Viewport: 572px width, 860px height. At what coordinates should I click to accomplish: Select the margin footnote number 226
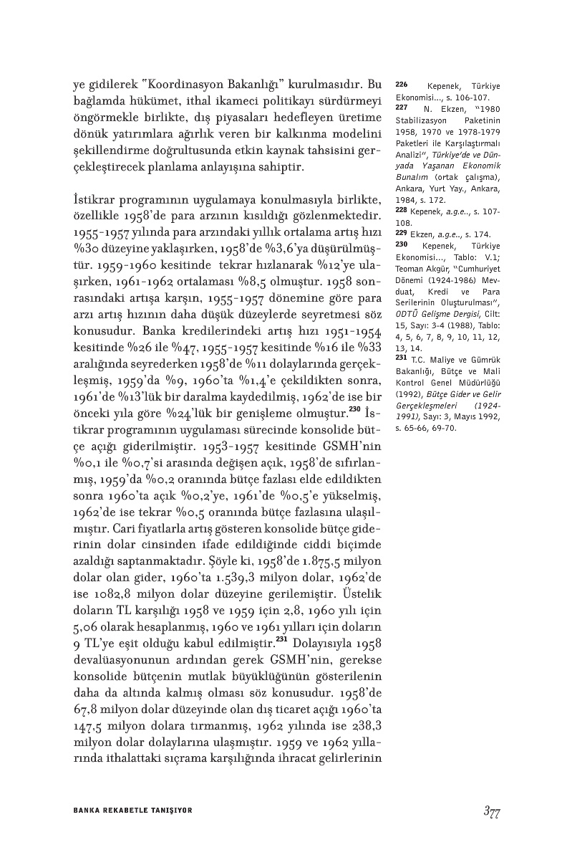point(401,85)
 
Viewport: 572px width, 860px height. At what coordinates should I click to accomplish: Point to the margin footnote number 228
point(401,211)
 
